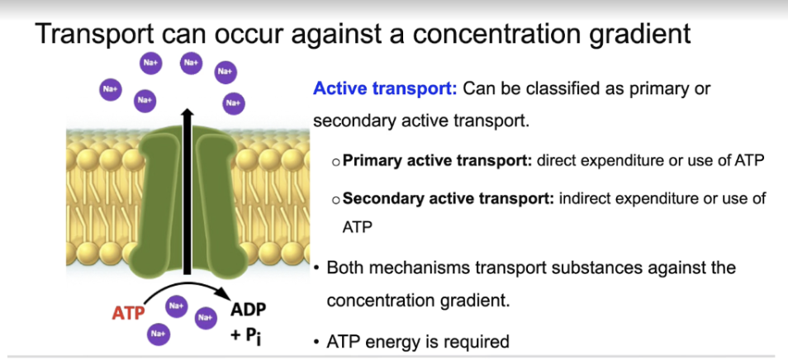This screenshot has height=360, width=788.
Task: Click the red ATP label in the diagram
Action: pyautogui.click(x=127, y=313)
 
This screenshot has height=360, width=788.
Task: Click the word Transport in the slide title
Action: pyautogui.click(x=94, y=35)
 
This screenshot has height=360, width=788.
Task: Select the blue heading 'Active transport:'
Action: pyautogui.click(x=384, y=88)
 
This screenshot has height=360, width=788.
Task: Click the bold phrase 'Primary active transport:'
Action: pyautogui.click(x=437, y=160)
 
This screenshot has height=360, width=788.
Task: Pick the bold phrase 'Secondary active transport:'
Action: pyautogui.click(x=449, y=198)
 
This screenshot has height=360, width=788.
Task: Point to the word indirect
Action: pyautogui.click(x=587, y=198)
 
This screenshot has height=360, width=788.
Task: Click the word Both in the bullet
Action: pyautogui.click(x=346, y=268)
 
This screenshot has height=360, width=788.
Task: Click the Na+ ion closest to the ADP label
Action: pyautogui.click(x=206, y=315)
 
